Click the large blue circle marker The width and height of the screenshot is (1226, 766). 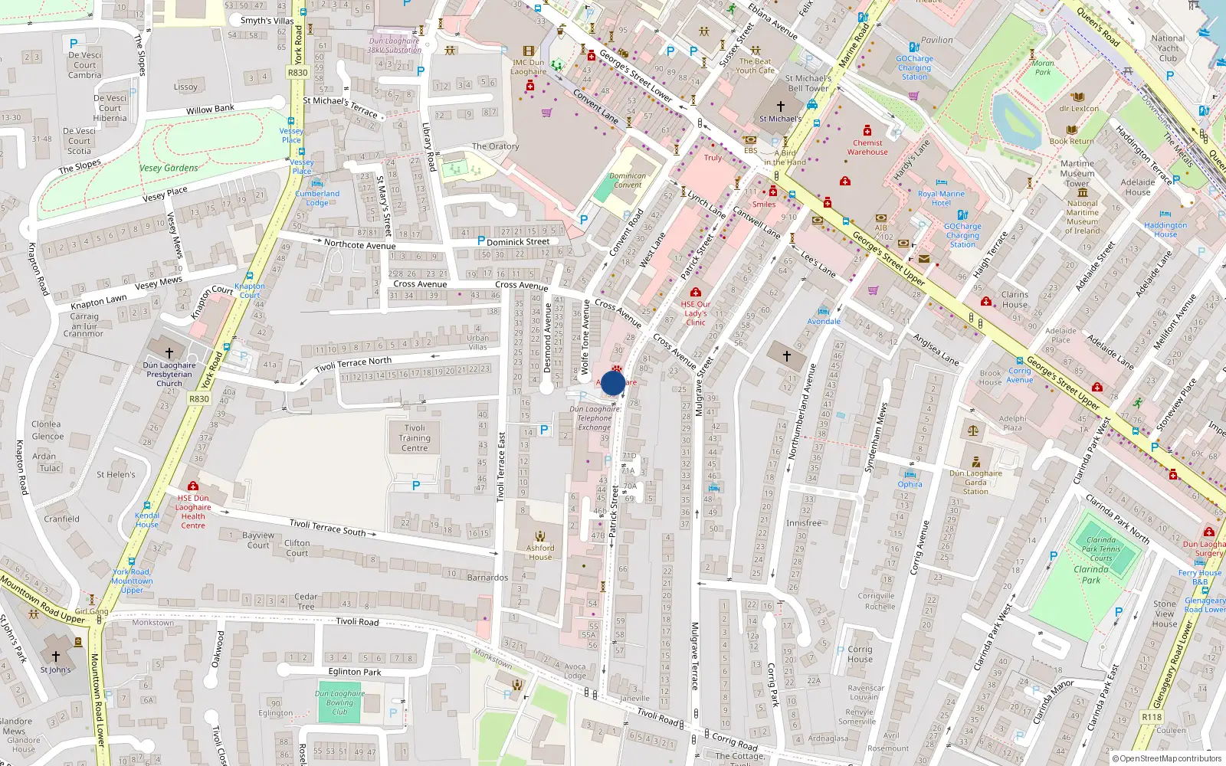pos(613,382)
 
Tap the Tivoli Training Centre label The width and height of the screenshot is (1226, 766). pos(415,438)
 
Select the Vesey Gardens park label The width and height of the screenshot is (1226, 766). pos(169,169)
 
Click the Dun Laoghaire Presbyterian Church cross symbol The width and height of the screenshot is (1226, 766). pos(169,352)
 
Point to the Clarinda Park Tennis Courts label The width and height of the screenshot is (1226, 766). pos(1101,548)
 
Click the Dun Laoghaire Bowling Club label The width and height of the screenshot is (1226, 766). pos(339,702)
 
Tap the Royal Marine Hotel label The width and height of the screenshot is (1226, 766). pos(941,198)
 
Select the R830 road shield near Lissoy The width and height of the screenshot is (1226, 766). pos(297,73)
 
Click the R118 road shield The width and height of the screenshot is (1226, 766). pos(1151,717)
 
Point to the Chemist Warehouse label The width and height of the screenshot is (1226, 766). pos(867,147)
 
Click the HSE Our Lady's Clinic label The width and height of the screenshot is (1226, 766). pos(696,313)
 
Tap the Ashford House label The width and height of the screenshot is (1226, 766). pos(540,552)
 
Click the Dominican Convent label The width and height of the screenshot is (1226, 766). pos(628,180)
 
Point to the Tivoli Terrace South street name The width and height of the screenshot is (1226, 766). pos(327,527)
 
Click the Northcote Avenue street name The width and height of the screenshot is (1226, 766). pos(359,244)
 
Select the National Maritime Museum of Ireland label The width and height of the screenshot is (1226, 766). pos(1082,217)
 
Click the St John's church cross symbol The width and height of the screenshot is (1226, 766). pos(55,656)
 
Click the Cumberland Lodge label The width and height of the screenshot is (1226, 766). pos(317,198)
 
